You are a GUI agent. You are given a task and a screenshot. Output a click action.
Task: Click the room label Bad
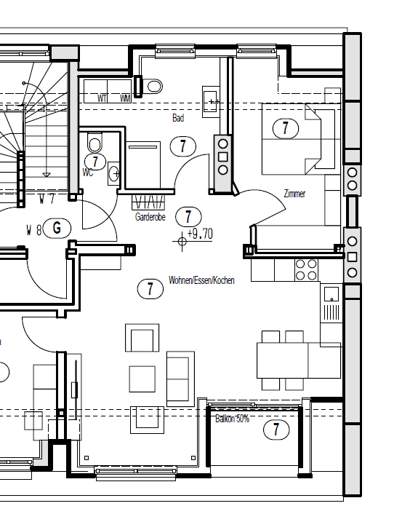178,117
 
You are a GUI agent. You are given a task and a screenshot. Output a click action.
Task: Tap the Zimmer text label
294,194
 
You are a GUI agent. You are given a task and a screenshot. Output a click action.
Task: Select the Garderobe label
150,217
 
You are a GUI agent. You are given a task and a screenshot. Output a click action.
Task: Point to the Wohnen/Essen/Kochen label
201,280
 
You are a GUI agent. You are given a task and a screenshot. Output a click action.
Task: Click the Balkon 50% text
232,419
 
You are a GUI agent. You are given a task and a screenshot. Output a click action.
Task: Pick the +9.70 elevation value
200,234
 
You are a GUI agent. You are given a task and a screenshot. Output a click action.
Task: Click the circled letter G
57,228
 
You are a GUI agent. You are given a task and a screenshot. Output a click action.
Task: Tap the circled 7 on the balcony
276,430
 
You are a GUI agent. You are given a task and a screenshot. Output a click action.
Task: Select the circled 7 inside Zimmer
285,129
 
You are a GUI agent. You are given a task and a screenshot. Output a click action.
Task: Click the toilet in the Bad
152,87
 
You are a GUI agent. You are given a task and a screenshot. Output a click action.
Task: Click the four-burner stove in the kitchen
305,271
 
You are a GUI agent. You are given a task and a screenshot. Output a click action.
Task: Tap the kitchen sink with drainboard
331,304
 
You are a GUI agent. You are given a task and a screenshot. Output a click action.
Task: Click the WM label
125,97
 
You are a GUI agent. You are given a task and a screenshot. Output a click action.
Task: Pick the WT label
102,97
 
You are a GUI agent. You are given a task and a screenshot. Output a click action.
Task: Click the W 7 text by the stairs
48,198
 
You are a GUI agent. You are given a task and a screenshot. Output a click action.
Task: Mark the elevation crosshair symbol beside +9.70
182,238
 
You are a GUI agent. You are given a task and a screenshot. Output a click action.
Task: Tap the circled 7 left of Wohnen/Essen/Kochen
150,288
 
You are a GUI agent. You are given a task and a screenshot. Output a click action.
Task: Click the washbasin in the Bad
211,101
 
